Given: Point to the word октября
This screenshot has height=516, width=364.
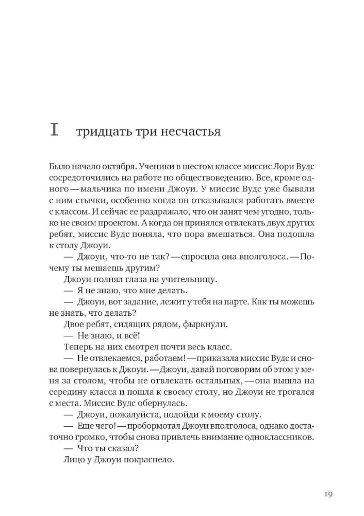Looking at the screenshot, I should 117,167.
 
